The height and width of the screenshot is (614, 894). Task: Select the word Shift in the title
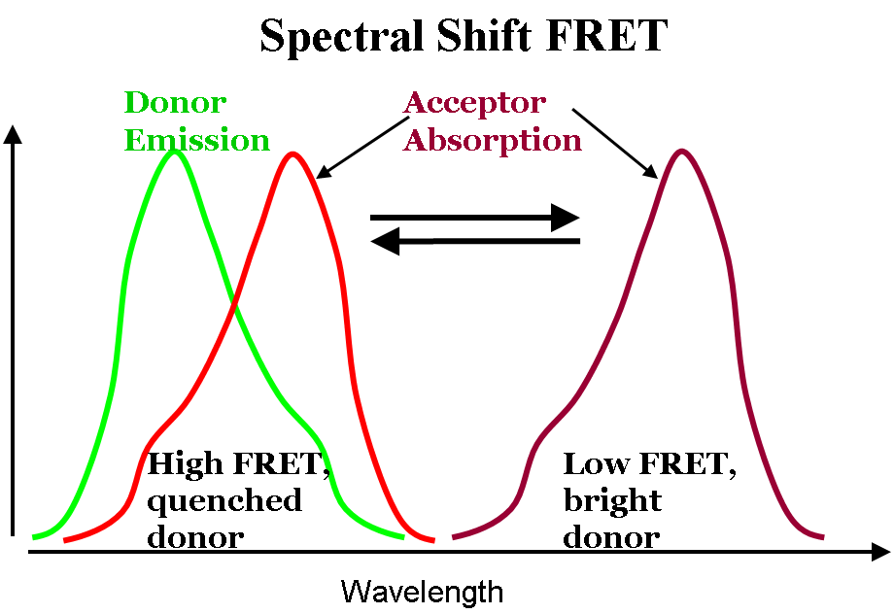coord(484,35)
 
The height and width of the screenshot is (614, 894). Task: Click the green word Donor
coord(175,103)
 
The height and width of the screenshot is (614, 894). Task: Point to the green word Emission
coord(196,140)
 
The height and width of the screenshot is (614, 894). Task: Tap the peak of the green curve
coord(175,152)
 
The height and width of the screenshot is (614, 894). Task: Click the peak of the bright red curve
coord(292,153)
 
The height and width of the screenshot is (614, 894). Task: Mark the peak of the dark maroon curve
coord(681,152)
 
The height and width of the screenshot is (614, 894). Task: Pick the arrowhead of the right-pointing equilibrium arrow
coord(565,218)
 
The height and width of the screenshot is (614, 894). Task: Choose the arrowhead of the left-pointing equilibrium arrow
coord(385,241)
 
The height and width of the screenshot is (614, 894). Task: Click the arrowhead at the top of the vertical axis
coord(13,134)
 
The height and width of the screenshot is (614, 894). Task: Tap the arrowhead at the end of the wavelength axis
coord(881,552)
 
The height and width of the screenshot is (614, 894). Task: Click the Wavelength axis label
coord(422,592)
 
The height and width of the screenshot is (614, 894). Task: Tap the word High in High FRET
coord(185,465)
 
